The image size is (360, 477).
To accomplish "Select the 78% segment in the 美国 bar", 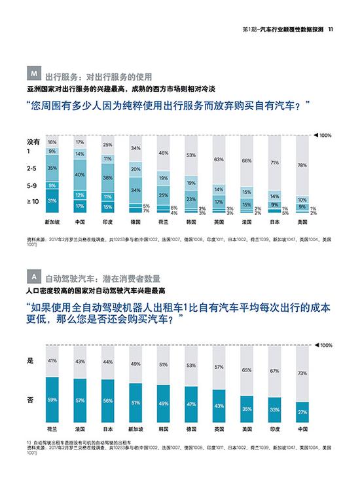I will pos(302,166).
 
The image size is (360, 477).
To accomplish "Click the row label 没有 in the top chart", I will pos(33,141).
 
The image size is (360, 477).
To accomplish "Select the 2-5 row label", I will pos(31,168).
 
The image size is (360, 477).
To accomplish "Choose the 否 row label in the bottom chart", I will pos(29,398).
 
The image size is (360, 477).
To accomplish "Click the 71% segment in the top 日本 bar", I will pos(275,162).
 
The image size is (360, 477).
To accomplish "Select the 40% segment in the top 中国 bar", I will pos(79,175).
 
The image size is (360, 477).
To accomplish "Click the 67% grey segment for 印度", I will pos(275,370).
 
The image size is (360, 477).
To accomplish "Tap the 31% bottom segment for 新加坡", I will pos(52,201).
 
